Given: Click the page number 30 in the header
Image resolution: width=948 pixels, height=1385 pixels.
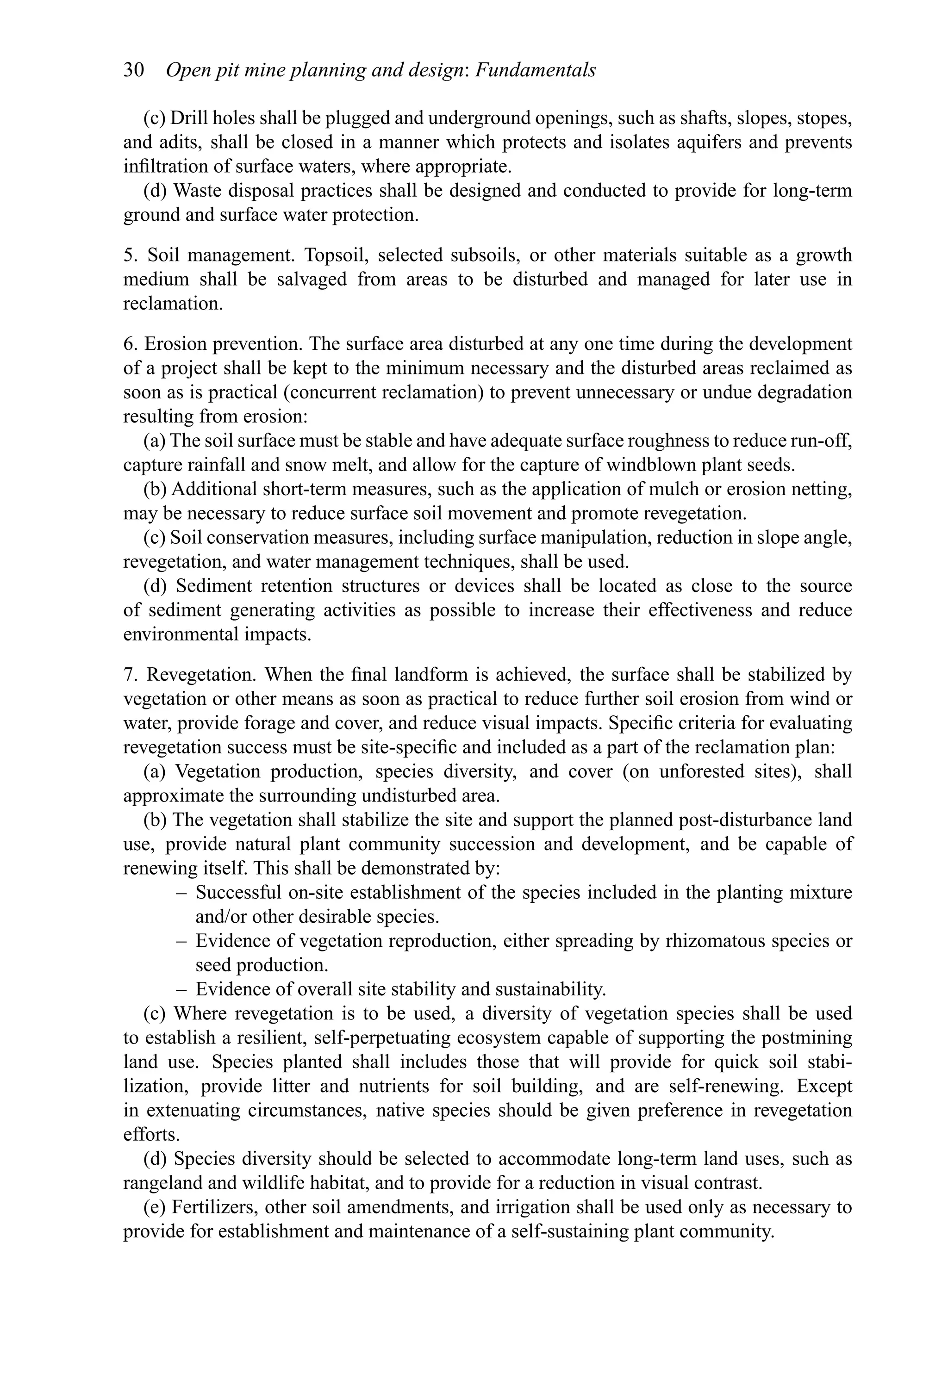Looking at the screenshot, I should point(134,70).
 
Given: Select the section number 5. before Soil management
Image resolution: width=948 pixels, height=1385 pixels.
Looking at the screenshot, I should point(131,255).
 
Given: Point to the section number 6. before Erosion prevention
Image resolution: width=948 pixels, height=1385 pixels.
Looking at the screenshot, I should point(131,344).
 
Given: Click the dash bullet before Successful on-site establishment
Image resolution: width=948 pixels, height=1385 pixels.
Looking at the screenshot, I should point(182,893).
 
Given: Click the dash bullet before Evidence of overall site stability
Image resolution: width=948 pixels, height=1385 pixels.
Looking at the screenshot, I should point(182,989).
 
